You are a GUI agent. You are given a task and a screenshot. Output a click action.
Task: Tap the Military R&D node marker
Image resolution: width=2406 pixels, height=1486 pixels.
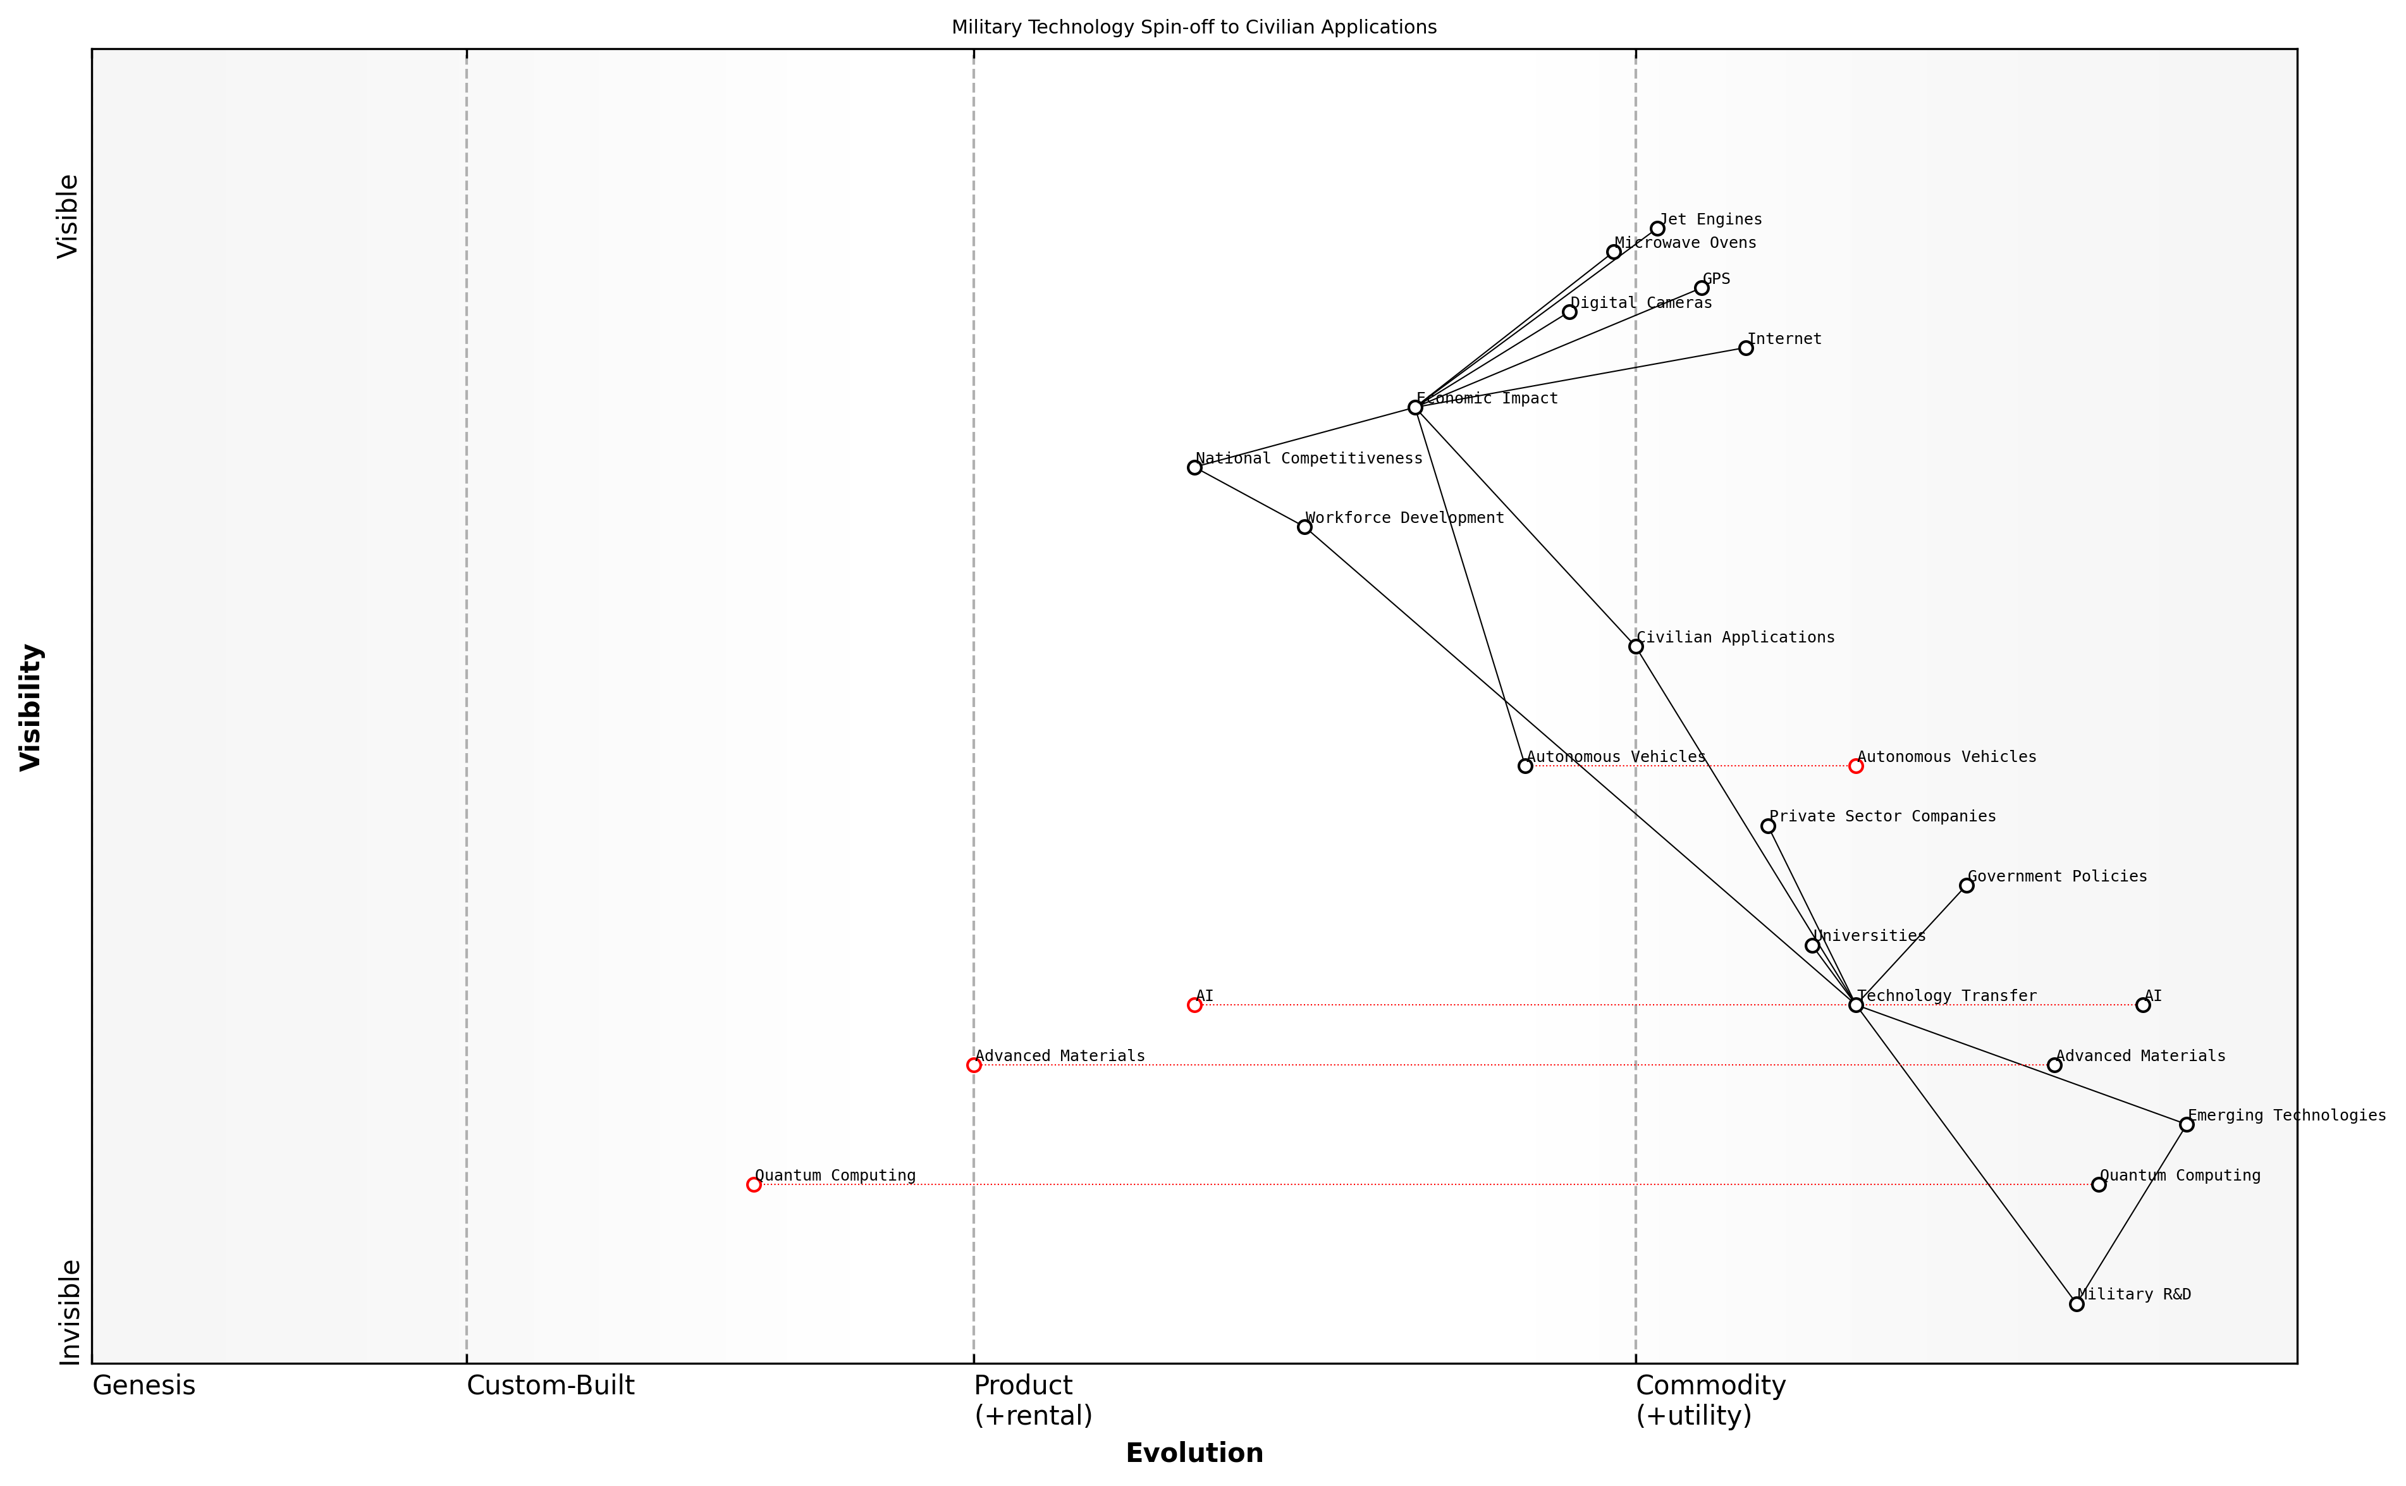pos(2076,1303)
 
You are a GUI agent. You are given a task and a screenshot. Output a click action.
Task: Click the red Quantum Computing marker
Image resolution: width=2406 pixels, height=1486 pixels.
pos(754,1184)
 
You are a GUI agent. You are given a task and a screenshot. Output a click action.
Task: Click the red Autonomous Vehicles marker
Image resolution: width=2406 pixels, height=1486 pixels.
pos(1856,766)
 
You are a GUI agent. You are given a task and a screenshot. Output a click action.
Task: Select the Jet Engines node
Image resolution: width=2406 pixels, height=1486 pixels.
pos(1657,228)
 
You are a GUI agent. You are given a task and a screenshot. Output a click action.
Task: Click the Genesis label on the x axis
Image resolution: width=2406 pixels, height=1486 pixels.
pos(144,1385)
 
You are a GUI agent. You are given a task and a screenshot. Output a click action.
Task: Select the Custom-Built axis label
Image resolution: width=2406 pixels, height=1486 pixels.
pos(549,1385)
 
